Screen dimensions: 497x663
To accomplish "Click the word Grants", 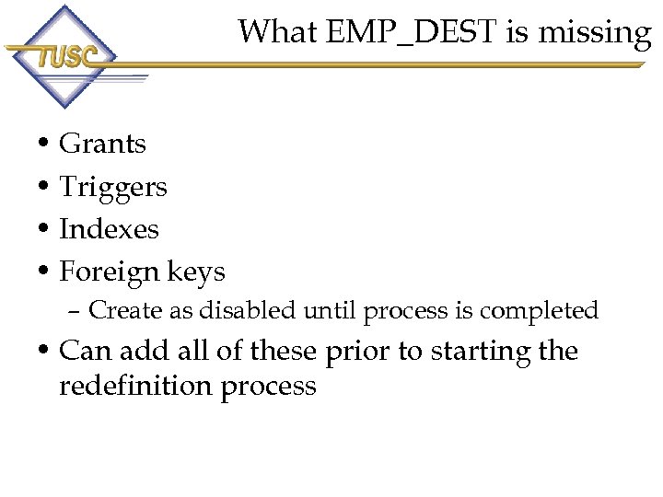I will point(102,144).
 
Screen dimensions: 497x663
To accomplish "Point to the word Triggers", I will point(113,188).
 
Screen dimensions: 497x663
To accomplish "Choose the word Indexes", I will point(109,229).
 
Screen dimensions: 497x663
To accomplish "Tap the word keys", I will point(196,272).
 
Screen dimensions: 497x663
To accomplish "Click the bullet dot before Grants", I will point(44,144).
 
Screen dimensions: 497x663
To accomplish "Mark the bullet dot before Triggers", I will point(44,188).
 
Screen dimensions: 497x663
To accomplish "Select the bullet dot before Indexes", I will point(44,230).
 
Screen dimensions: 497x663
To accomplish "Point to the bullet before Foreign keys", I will point(44,272).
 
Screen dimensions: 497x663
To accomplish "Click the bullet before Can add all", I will point(44,352).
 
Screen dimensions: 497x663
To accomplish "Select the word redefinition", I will point(136,387).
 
